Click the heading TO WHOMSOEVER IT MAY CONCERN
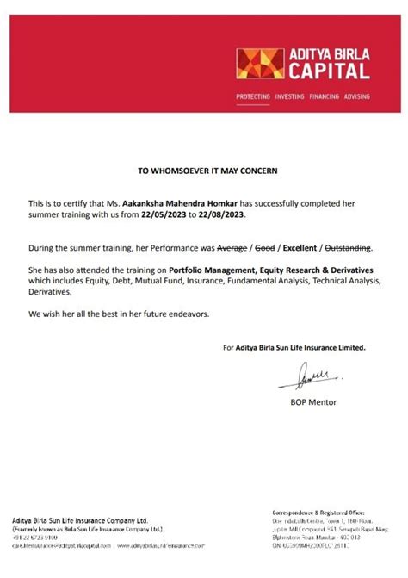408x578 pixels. [x=208, y=171]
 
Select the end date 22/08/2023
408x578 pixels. [x=210, y=214]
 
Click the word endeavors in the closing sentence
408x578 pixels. [x=184, y=312]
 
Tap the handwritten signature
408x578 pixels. [x=305, y=376]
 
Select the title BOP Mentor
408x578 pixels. [x=307, y=401]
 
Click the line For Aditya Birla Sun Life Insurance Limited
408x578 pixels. [x=294, y=348]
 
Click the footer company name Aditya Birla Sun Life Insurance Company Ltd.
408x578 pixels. [x=80, y=520]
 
